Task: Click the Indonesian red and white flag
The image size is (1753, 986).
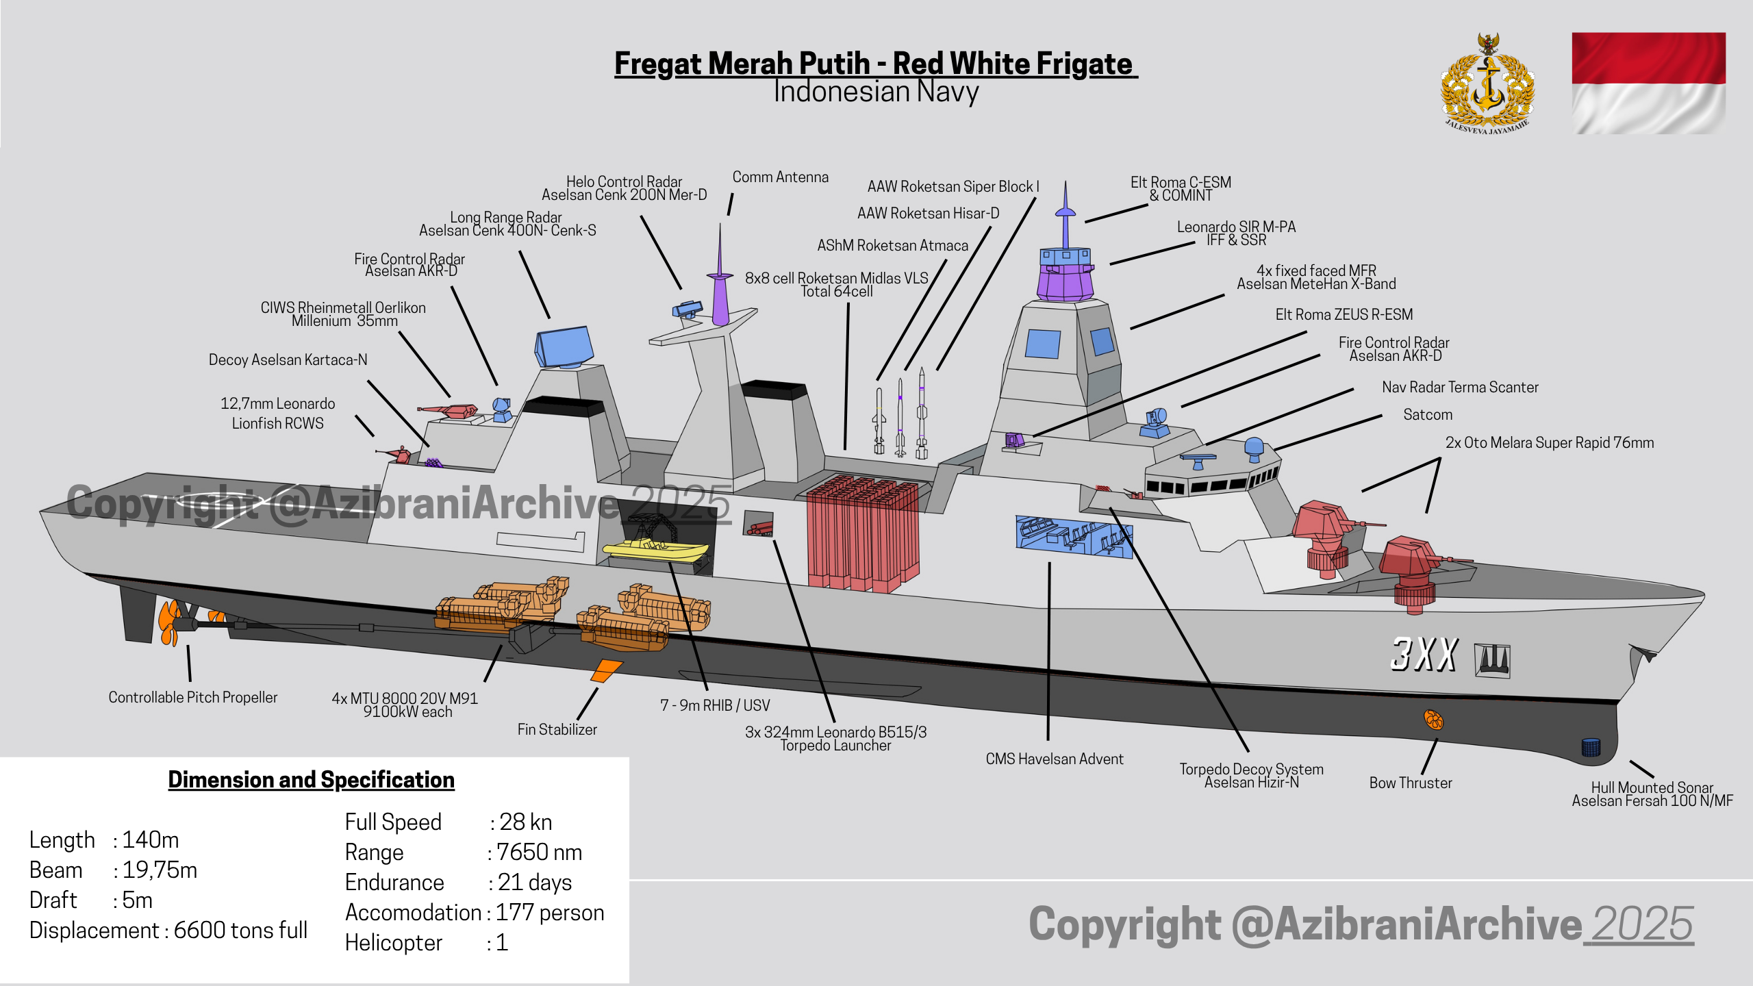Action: click(x=1648, y=83)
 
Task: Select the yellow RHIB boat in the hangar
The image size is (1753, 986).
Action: click(x=655, y=550)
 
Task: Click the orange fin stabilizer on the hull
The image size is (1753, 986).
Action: click(x=606, y=670)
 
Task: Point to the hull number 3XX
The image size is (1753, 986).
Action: click(x=1423, y=654)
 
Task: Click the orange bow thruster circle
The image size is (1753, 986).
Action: click(x=1433, y=720)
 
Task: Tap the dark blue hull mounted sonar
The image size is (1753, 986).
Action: click(x=1591, y=747)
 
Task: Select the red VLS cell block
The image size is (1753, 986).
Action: click(x=863, y=534)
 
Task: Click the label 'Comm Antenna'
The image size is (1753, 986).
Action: click(x=780, y=177)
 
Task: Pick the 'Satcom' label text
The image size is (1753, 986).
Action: click(x=1427, y=415)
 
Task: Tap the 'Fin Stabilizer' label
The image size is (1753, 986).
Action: click(x=557, y=730)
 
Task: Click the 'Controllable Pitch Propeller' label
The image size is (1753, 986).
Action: click(x=192, y=698)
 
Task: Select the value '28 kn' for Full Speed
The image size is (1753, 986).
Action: click(x=525, y=822)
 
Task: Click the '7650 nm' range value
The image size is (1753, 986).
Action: click(x=539, y=852)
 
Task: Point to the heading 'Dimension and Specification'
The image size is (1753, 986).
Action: click(x=311, y=780)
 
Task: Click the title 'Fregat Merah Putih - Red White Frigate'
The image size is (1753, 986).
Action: click(x=875, y=64)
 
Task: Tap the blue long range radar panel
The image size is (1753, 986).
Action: click(x=564, y=346)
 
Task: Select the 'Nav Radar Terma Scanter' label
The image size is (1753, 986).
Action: click(x=1459, y=388)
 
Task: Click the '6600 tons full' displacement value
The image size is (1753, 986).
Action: click(x=240, y=931)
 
